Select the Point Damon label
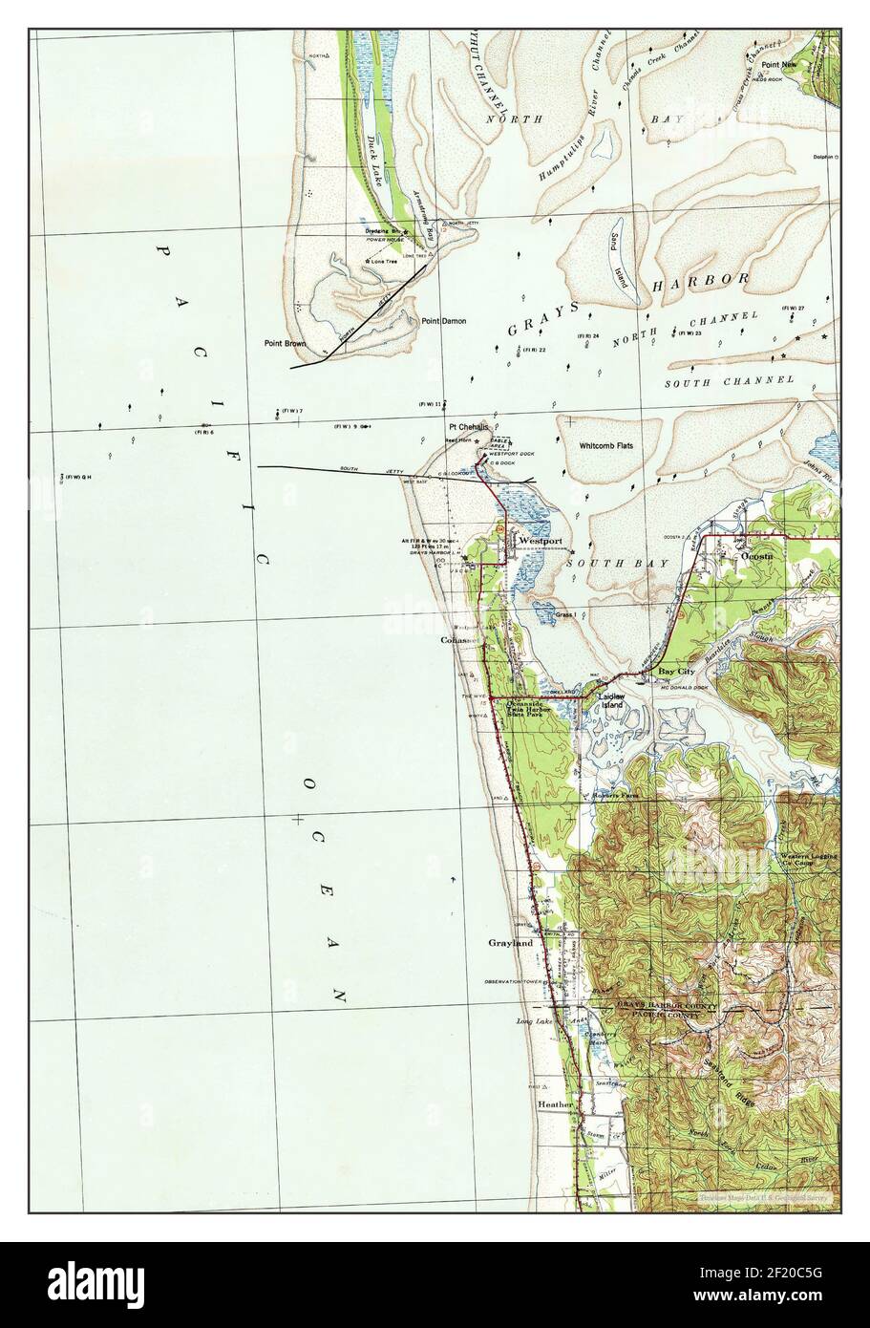point(444,322)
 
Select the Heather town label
point(555,1104)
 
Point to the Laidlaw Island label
point(610,702)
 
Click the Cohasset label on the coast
point(458,639)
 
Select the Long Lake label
point(534,1022)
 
